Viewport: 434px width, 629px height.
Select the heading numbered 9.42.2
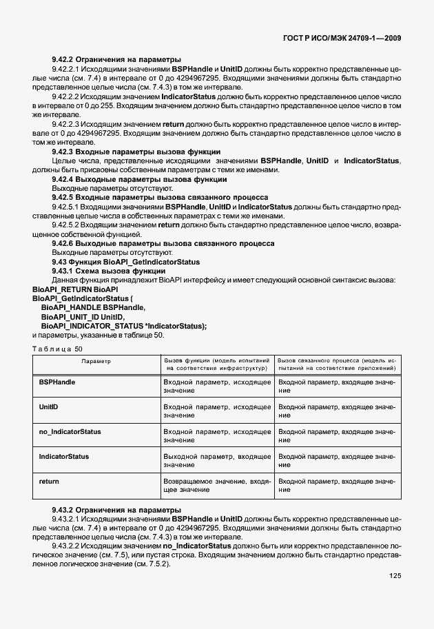(x=116, y=59)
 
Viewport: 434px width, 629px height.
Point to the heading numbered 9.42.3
(x=136, y=152)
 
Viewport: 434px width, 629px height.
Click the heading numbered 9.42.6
(x=163, y=243)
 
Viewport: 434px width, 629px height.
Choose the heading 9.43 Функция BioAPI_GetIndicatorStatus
(x=126, y=262)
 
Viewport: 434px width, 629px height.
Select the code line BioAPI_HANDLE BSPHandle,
(x=93, y=307)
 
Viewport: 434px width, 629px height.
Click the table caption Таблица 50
(x=57, y=349)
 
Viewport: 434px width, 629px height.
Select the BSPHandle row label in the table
(x=57, y=381)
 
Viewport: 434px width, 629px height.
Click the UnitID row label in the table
(x=49, y=406)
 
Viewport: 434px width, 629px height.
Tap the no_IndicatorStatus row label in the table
(x=70, y=431)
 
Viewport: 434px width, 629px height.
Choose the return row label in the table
(x=49, y=481)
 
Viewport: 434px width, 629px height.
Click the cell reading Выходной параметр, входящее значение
(x=216, y=461)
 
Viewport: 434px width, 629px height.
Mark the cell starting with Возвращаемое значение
(x=216, y=485)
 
